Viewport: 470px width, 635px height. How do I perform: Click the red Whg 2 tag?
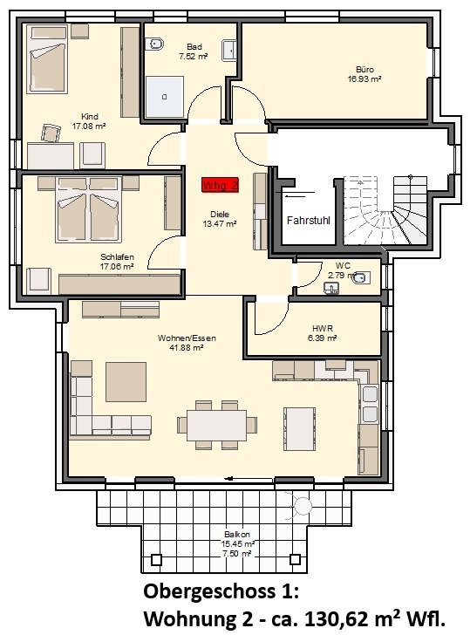pos(221,185)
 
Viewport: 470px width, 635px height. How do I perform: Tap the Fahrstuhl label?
pos(309,221)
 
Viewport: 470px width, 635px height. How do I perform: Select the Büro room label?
pos(364,70)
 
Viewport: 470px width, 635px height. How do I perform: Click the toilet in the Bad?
pos(154,44)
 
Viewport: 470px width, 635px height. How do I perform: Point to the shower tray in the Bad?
pos(165,97)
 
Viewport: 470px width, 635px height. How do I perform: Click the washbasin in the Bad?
pos(228,51)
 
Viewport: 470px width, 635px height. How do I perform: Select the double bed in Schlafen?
pos(89,209)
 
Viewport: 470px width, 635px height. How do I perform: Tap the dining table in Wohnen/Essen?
pos(216,426)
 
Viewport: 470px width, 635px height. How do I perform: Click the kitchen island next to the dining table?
pos(300,429)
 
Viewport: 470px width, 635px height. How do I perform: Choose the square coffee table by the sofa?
pos(126,382)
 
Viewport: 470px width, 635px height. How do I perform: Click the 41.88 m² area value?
pos(187,347)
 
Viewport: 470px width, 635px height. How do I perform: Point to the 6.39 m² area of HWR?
pos(323,338)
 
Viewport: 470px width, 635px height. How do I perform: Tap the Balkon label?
pos(237,535)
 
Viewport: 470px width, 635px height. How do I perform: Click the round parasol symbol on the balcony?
pos(302,505)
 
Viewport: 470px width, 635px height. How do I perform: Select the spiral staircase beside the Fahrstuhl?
pos(385,210)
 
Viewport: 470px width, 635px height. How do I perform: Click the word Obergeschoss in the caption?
pos(209,592)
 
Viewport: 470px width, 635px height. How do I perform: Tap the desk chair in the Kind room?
pos(51,133)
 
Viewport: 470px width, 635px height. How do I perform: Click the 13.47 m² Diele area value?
pos(220,223)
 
